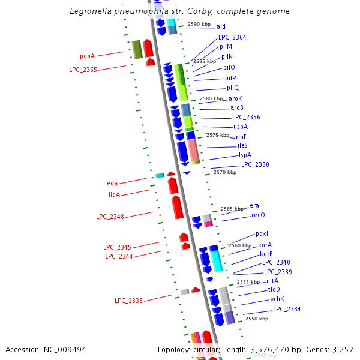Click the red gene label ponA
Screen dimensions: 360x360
(x=88, y=56)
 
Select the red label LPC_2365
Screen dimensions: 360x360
(x=83, y=70)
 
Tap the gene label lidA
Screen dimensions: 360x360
(x=115, y=194)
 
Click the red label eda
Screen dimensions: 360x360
(x=112, y=183)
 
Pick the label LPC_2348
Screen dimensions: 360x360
(x=110, y=217)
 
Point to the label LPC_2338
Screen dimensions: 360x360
(x=128, y=301)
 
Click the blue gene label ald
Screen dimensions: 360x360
(x=221, y=26)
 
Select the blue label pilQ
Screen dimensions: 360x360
(x=233, y=88)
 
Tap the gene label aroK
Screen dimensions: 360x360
(x=236, y=98)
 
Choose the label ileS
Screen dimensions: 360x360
(x=242, y=145)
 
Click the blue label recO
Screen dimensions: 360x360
(x=258, y=215)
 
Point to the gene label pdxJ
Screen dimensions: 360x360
(x=262, y=234)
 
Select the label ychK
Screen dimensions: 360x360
(x=277, y=299)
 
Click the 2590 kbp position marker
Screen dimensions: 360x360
(x=199, y=25)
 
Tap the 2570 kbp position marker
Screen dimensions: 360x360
(x=225, y=172)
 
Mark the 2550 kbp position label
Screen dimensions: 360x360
(x=257, y=319)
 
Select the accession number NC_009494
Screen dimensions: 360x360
(x=65, y=349)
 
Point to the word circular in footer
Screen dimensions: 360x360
(x=205, y=349)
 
